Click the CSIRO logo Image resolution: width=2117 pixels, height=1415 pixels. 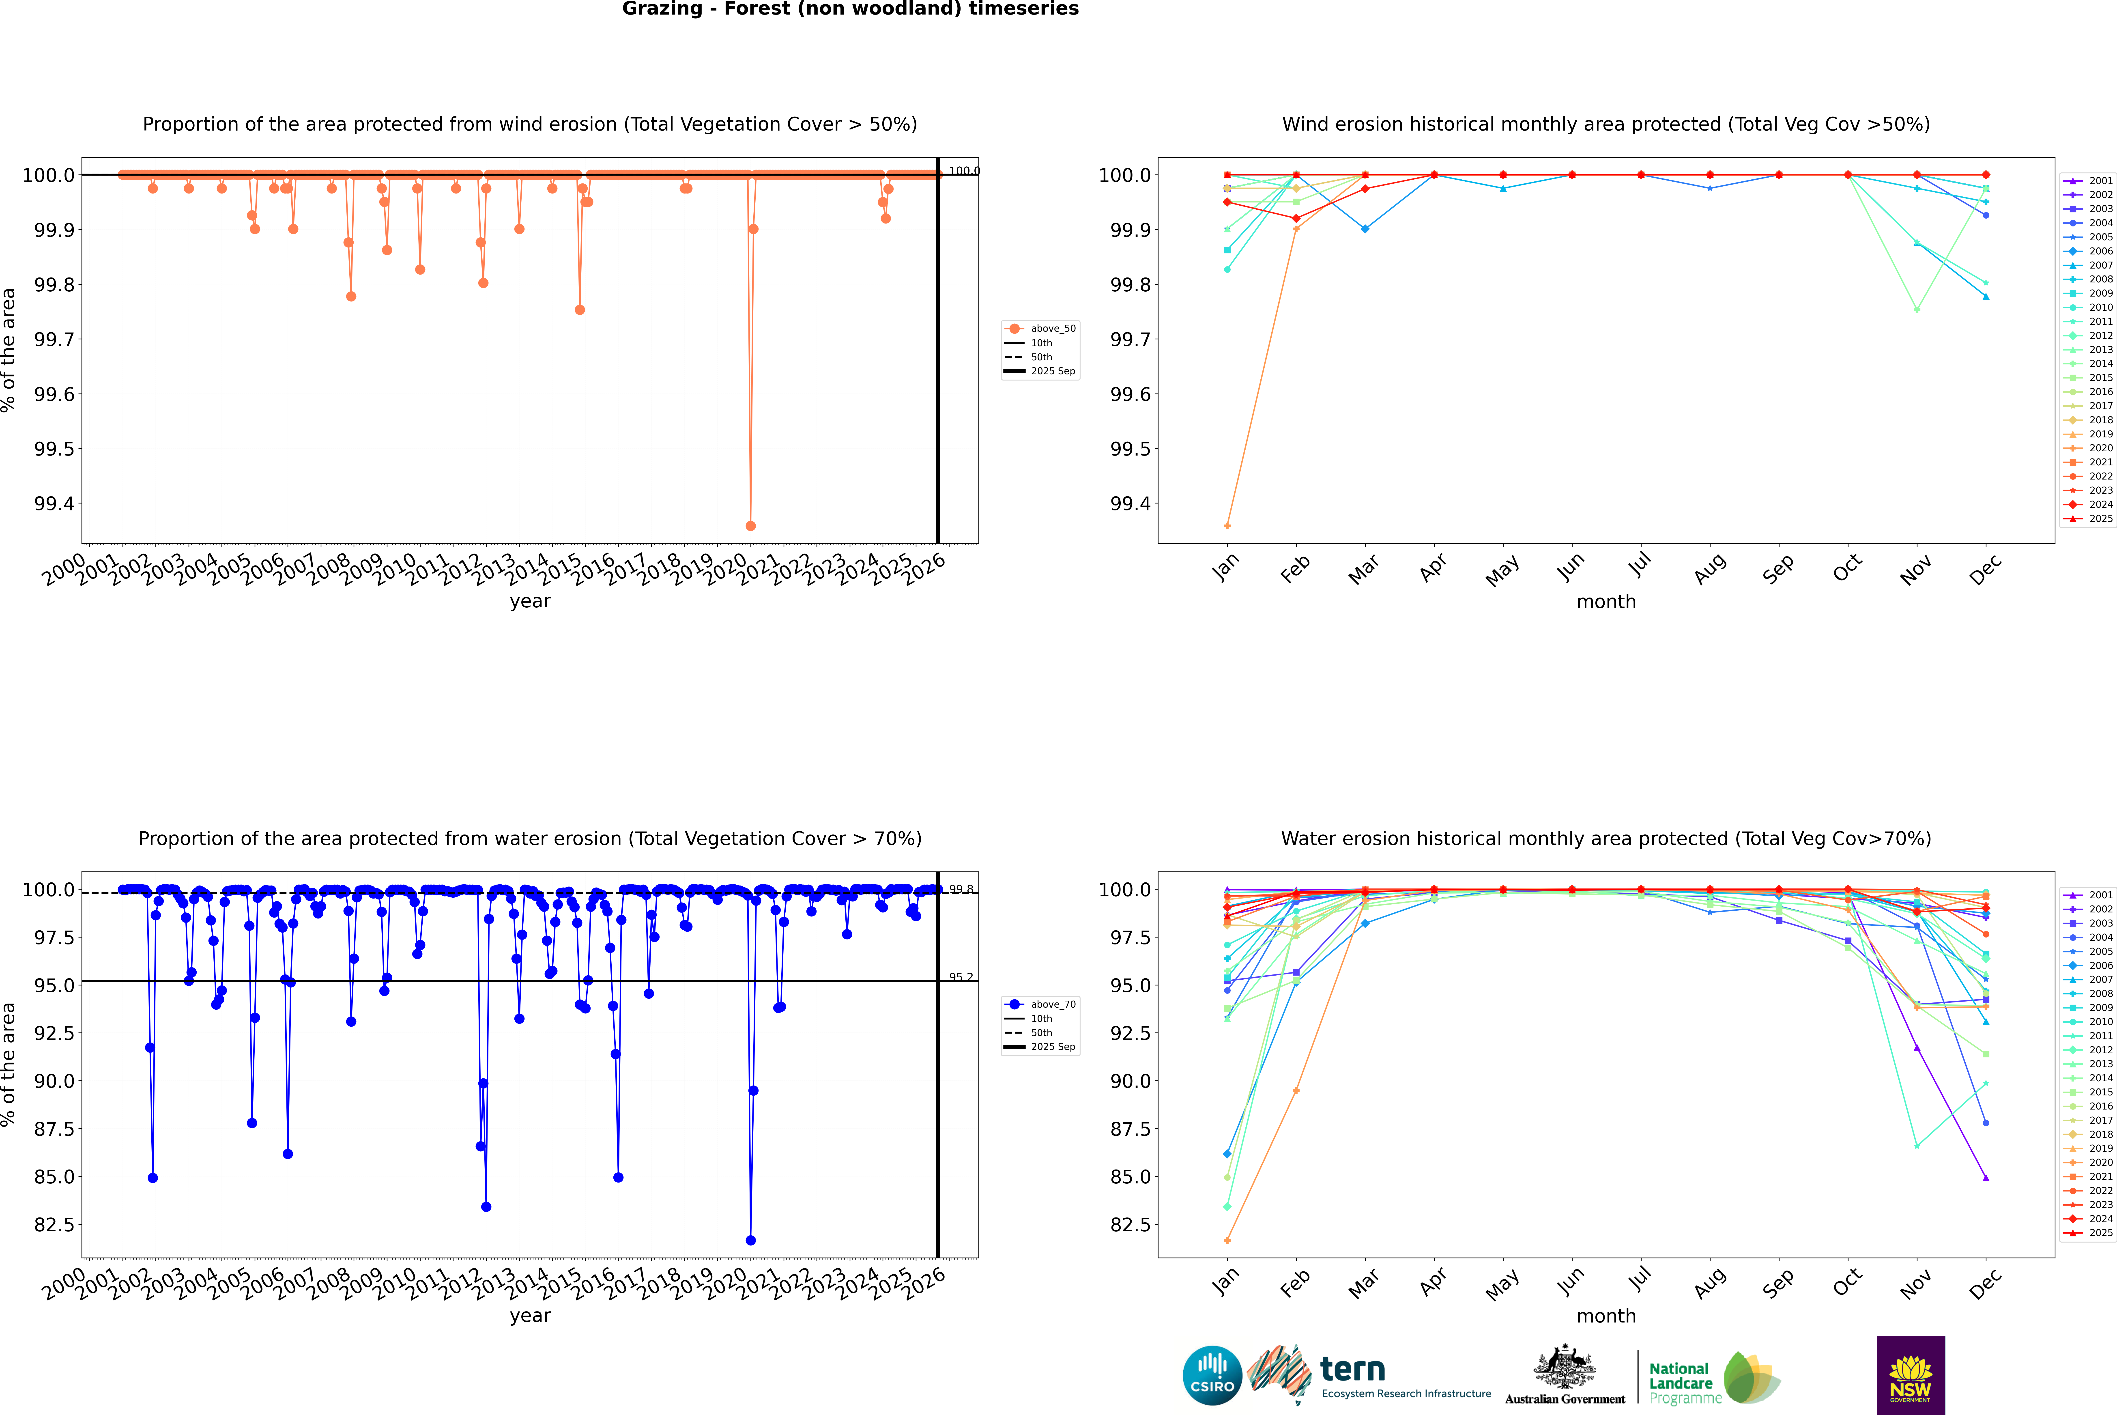coord(1212,1375)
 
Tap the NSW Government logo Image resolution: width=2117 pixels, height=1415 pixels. coord(1910,1375)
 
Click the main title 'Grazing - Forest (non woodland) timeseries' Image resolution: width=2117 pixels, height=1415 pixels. coord(850,9)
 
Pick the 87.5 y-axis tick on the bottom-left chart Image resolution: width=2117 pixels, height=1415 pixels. coord(54,1129)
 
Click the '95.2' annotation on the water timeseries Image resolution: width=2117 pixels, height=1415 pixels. coord(961,977)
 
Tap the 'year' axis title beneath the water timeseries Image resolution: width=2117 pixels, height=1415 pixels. coord(530,1316)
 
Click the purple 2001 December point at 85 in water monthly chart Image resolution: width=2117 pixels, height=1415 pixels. coord(1985,1178)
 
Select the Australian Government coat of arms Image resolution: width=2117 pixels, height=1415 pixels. coord(1565,1368)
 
